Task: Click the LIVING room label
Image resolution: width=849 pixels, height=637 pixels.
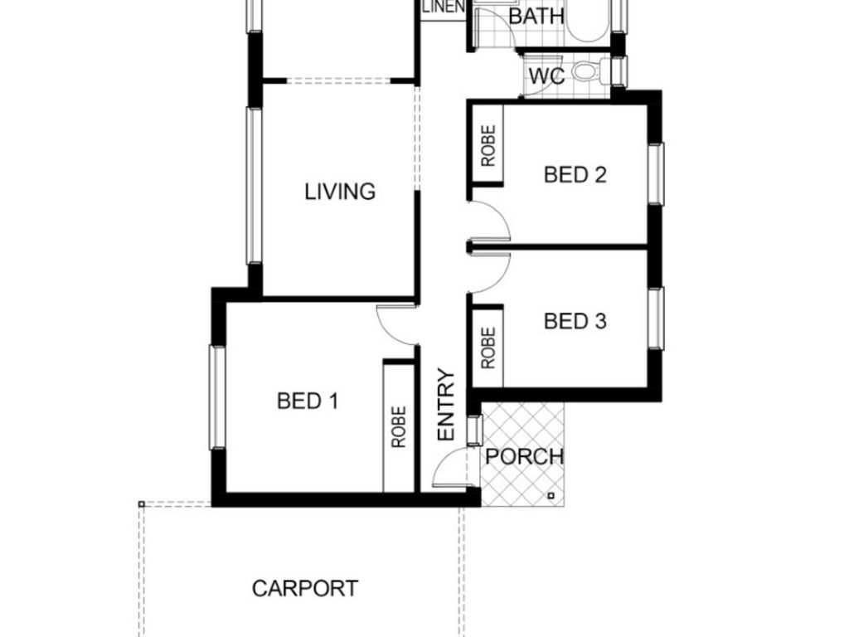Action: coord(339,192)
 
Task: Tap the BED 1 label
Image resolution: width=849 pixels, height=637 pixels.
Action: coord(308,401)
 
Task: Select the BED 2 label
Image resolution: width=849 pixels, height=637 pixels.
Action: coord(575,175)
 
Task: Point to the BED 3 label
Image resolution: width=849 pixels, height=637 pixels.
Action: coord(575,321)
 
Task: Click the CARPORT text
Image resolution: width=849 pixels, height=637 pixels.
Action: coord(305,588)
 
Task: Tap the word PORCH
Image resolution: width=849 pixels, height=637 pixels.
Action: coord(524,457)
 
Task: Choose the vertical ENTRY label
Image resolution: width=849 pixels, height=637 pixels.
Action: coord(446,405)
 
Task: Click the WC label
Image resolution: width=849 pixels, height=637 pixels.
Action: coord(547,76)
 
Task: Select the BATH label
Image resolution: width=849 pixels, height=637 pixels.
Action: coord(536,17)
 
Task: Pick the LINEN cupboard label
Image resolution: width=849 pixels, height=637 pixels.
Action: coord(444,7)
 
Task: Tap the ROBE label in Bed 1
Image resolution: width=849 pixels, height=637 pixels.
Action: coord(399,427)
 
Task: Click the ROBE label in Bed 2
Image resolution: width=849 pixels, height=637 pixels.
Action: coord(488,146)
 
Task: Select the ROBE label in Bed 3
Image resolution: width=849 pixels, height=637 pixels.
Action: coord(488,348)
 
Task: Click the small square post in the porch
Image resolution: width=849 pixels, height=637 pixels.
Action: coord(551,495)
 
